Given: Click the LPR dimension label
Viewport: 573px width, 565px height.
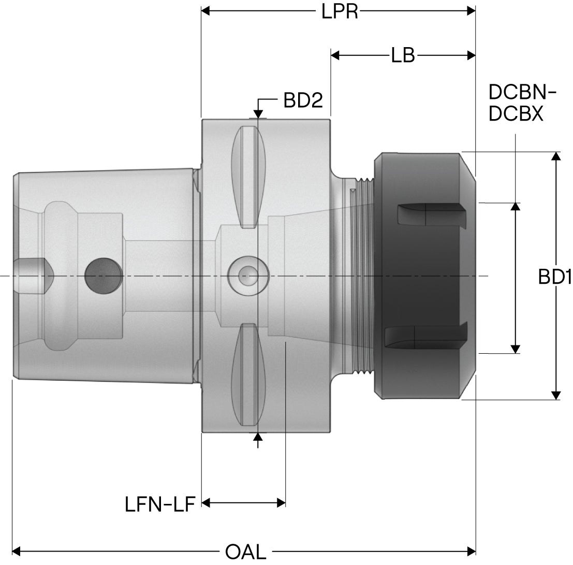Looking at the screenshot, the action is coord(340,11).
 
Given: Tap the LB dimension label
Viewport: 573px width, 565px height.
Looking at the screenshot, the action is coord(403,55).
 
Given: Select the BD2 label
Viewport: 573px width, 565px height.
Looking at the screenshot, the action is coord(303,100).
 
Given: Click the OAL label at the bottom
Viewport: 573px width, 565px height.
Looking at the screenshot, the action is coord(245,552).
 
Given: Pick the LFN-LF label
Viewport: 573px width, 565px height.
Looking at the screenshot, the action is coord(160,504).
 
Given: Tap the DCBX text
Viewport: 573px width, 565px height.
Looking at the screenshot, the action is coord(516,114).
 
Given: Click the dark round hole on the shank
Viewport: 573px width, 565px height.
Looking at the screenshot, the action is coord(104,276).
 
